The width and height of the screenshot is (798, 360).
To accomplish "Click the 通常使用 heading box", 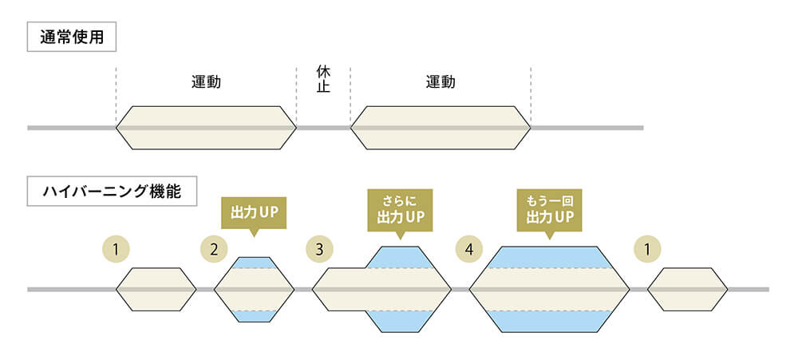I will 72,36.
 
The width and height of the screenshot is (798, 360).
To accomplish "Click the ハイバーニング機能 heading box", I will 112,192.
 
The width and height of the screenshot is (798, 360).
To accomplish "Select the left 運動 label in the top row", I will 206,81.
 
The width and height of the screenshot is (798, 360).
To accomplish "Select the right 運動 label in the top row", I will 440,81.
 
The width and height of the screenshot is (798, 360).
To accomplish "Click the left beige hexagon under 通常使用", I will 206,128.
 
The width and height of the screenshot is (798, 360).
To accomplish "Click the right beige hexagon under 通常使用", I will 440,128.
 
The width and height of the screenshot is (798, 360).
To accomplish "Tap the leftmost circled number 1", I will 117,249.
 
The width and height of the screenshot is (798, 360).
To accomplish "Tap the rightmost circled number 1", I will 647,249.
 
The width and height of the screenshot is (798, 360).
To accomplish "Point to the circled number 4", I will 469,249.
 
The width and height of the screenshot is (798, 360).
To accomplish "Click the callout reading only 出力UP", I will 253,213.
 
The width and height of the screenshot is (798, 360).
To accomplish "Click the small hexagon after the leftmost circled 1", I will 156,288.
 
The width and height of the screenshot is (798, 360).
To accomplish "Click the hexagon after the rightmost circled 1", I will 687,288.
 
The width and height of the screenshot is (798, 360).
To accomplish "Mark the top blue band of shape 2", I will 255,263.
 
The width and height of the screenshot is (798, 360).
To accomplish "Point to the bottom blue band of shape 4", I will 549,321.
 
